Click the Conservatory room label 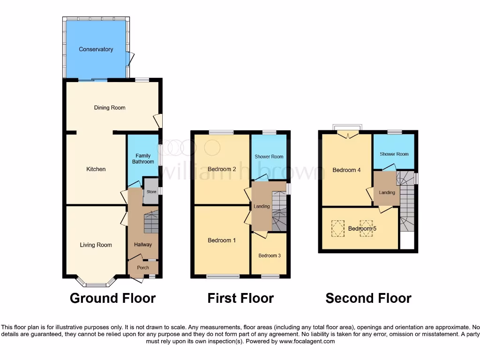96,49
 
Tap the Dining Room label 110,108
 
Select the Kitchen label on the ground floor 96,169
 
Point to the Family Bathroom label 143,158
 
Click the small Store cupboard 151,192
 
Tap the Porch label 142,268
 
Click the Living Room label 96,245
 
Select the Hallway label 143,244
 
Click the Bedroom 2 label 222,169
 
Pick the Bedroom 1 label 222,240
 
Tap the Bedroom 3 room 269,255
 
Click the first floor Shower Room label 269,157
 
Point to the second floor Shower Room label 394,154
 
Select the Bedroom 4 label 346,170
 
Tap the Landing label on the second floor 387,193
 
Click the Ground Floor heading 112,298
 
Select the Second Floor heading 368,298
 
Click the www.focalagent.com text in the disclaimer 307,342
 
